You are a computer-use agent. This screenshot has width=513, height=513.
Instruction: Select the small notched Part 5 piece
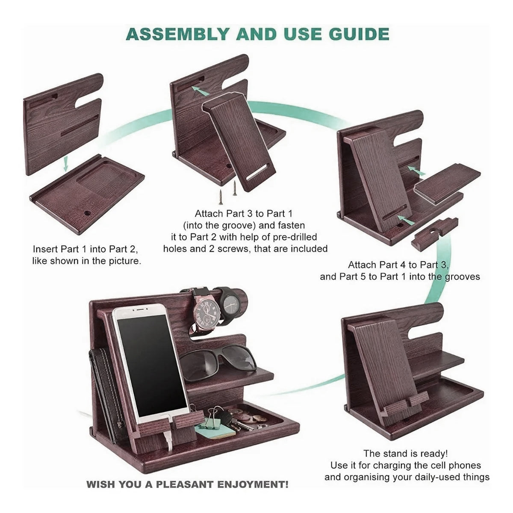[434, 231]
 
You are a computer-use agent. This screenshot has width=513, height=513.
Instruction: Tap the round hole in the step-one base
[88, 212]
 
